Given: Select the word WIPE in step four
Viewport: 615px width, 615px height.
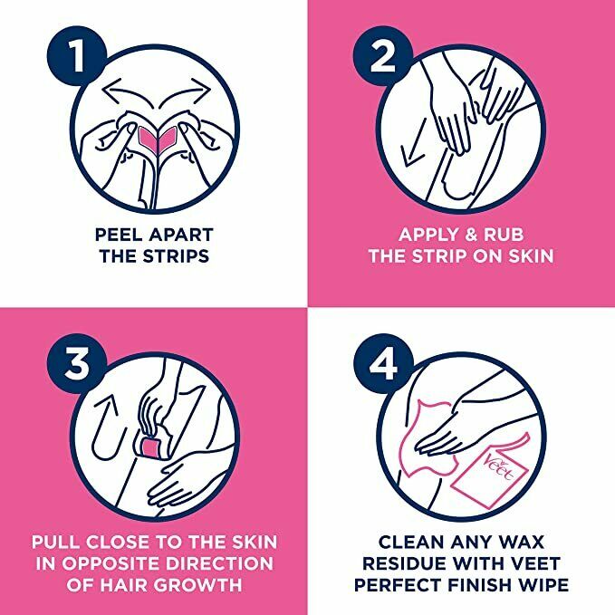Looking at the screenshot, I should tap(543, 585).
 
